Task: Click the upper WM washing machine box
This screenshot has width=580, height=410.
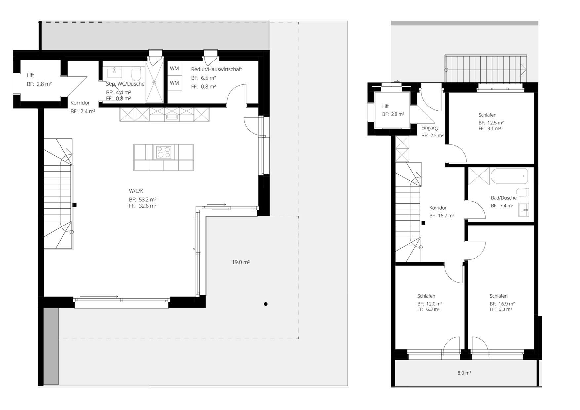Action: click(x=174, y=68)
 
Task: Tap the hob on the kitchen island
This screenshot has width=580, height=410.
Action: click(x=164, y=152)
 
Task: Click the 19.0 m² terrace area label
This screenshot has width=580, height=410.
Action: click(x=241, y=262)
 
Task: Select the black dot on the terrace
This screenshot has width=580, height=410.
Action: click(x=266, y=304)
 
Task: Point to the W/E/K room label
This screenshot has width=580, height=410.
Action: click(x=136, y=191)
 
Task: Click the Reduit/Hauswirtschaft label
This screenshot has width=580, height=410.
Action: click(x=217, y=69)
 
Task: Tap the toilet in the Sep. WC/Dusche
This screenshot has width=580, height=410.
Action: click(x=136, y=74)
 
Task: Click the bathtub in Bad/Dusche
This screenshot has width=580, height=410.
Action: click(x=510, y=176)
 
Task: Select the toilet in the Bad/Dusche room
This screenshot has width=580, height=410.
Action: click(x=522, y=192)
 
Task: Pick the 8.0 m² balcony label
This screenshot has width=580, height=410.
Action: click(x=464, y=373)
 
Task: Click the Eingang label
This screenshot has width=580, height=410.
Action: click(x=430, y=128)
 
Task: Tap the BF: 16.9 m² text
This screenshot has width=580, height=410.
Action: click(x=502, y=304)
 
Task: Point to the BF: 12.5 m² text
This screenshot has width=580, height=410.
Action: click(x=491, y=123)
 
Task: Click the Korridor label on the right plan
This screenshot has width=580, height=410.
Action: click(x=438, y=208)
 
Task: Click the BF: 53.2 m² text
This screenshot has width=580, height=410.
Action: click(x=143, y=200)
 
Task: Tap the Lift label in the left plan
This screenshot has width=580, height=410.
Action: click(x=30, y=75)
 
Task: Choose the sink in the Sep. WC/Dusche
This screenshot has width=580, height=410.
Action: click(x=114, y=72)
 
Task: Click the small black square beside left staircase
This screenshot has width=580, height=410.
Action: click(x=75, y=205)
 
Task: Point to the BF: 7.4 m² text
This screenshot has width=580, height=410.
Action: click(x=502, y=206)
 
